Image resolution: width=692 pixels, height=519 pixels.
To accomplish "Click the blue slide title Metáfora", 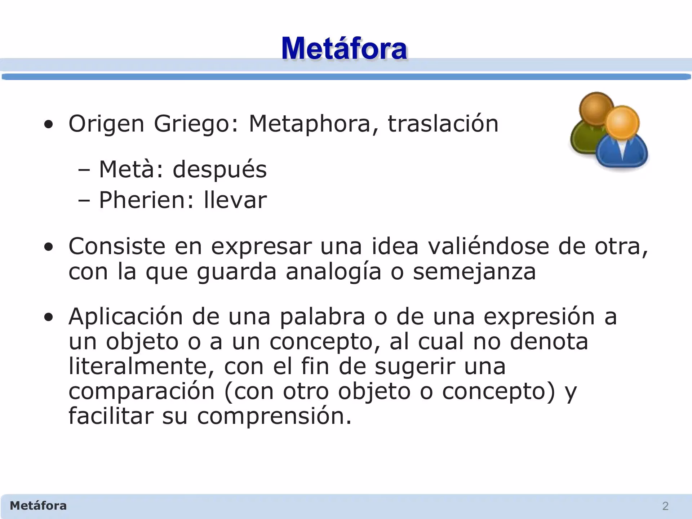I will point(344,48).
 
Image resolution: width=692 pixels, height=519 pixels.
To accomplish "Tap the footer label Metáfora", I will point(38,506).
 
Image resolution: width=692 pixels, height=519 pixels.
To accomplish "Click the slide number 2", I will point(665,506).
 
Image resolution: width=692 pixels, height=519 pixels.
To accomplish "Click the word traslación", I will point(443,124).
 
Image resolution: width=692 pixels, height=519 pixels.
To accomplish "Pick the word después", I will point(219,170).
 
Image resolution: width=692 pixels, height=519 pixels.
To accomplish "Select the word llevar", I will point(235,200).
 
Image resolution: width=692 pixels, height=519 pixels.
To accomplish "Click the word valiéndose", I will point(488,247).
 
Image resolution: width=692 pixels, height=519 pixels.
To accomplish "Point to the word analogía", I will point(333,272).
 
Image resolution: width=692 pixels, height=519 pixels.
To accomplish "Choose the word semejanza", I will point(474,272).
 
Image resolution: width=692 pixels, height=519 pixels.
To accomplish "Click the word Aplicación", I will point(126,316).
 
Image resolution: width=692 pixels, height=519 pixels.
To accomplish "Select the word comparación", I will point(142,391).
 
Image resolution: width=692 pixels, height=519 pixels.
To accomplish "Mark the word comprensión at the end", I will point(274,416).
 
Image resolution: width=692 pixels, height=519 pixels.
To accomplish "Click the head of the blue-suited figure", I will point(622,123).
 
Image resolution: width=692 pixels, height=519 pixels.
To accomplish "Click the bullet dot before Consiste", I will point(48,247).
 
